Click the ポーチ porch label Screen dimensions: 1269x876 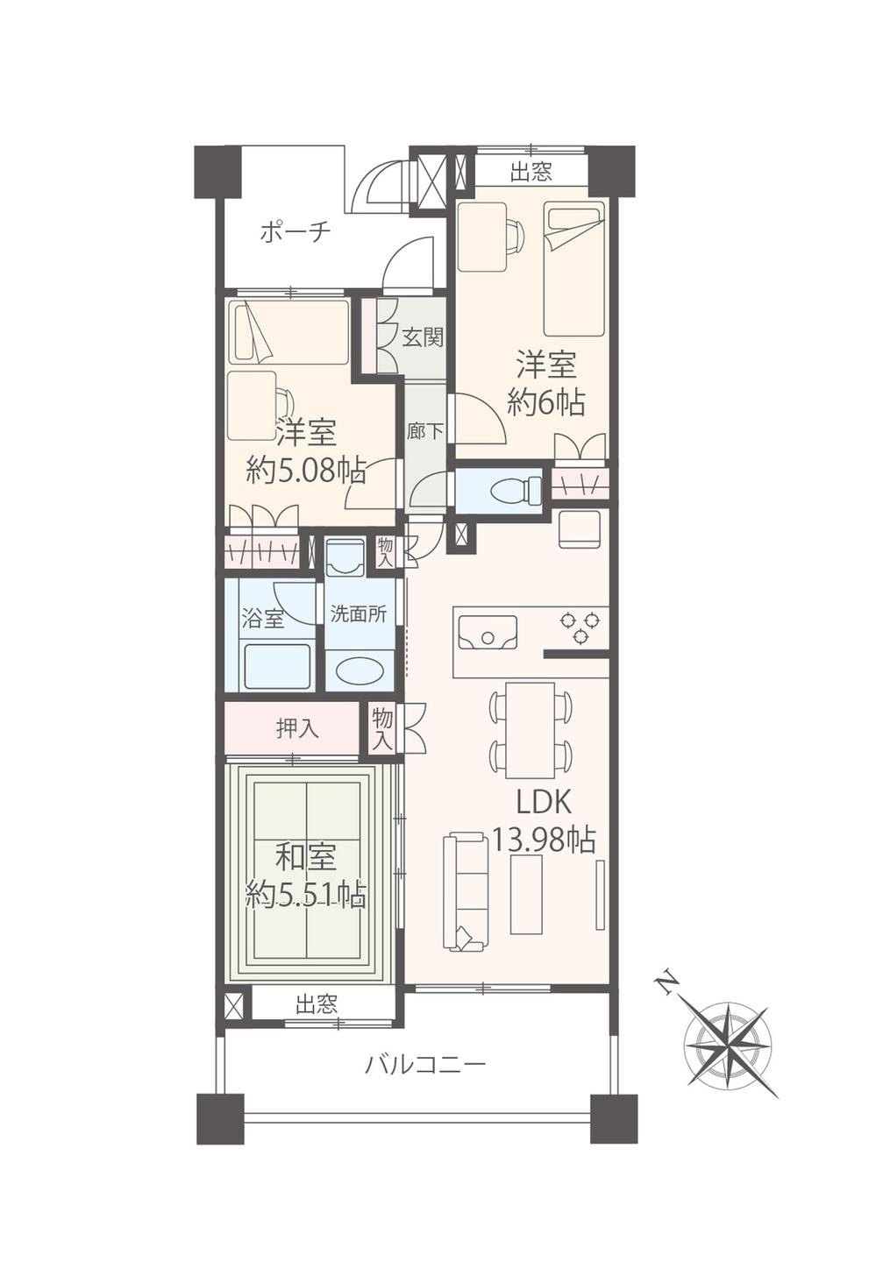tap(295, 232)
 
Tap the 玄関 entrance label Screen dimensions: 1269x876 tap(422, 337)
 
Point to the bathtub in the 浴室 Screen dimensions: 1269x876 tap(277, 667)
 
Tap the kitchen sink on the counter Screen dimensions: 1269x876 tap(488, 631)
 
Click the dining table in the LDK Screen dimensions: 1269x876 tap(530, 729)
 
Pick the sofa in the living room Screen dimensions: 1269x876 tap(465, 892)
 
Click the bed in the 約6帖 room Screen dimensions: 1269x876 tap(573, 268)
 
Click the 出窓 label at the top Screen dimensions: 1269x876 tap(531, 172)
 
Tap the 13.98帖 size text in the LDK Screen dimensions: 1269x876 tap(544, 840)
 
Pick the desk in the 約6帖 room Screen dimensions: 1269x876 tap(483, 237)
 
